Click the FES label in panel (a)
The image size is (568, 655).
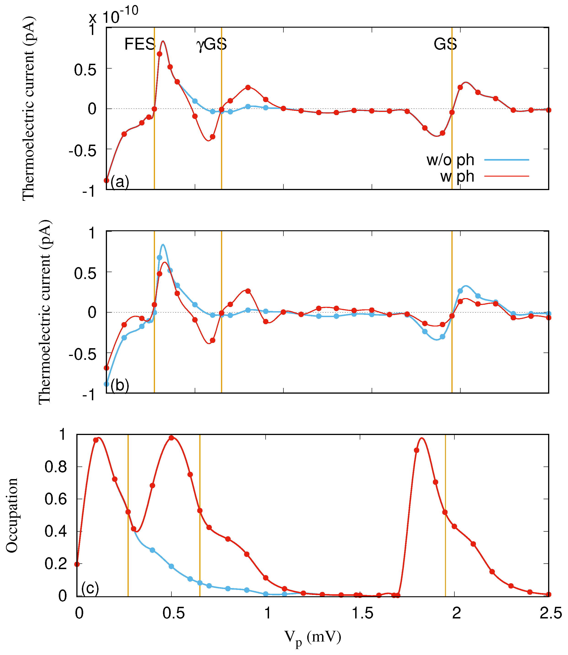click(x=139, y=44)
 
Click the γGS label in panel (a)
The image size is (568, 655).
click(x=211, y=44)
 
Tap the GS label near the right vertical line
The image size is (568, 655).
click(x=445, y=44)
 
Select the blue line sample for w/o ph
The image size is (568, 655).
click(x=507, y=160)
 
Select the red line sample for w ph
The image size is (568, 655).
click(x=507, y=176)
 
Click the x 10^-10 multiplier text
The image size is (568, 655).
click(x=113, y=16)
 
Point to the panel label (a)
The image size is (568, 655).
click(x=120, y=182)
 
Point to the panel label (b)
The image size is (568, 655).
click(x=120, y=385)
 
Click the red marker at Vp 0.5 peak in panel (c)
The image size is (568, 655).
click(x=171, y=438)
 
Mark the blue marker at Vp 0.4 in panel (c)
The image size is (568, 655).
click(x=152, y=550)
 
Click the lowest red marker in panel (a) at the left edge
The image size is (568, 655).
click(x=107, y=180)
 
